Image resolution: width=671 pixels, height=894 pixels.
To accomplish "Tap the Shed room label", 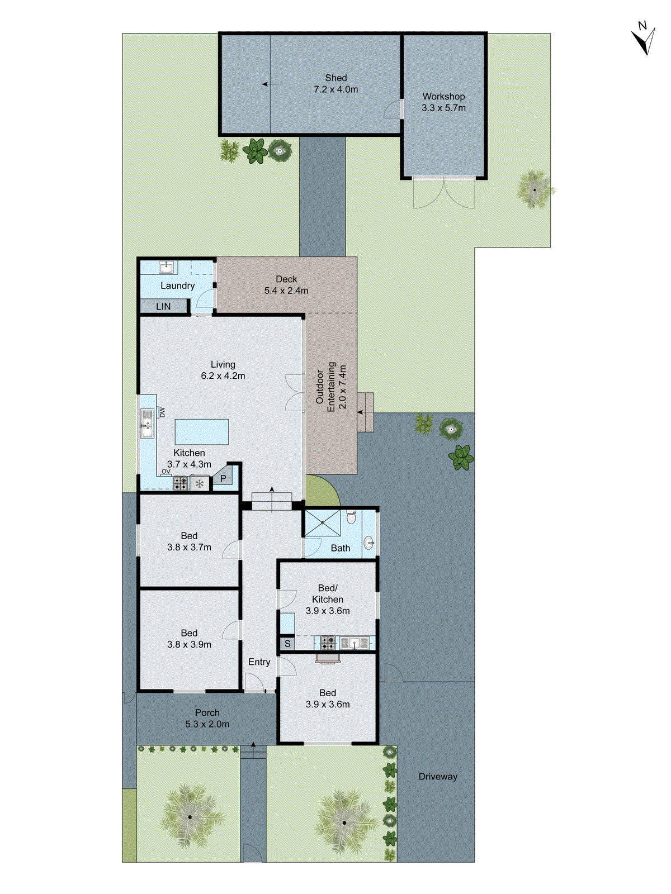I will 336,78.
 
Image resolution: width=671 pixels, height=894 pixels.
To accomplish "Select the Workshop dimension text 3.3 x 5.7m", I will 443,108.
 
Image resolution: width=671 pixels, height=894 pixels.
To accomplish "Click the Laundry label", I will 177,286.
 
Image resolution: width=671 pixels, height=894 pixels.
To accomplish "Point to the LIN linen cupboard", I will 163,306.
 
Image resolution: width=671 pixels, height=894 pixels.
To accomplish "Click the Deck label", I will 286,279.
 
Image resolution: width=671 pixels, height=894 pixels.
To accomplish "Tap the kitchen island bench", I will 202,431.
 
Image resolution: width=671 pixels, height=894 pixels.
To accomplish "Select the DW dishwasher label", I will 162,412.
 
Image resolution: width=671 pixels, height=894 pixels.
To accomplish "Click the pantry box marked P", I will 223,479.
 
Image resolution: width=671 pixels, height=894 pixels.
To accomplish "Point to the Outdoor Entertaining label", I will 331,387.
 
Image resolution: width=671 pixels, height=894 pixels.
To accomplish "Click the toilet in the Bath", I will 351,517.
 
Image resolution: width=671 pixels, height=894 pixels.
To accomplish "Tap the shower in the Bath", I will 322,523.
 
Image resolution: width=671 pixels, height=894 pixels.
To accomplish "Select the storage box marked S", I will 287,644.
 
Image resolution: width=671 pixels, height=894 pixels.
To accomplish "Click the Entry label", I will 259,662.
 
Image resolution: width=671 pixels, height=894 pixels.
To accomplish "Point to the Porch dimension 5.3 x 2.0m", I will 207,724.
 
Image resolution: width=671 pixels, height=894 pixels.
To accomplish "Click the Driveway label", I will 438,776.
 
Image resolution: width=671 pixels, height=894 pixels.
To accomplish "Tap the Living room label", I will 223,364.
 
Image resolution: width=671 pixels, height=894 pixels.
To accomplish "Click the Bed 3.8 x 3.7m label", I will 189,541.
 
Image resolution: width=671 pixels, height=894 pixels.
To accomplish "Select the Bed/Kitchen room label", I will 328,593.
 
